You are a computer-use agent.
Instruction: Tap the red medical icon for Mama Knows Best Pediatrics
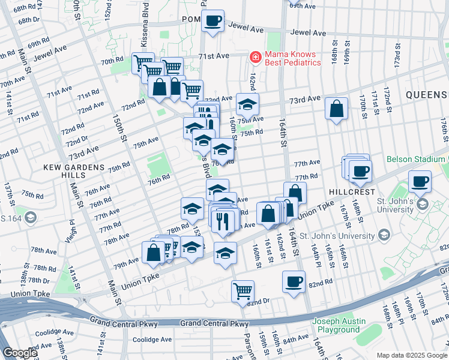coord(255,57)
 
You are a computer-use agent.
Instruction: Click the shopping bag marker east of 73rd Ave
coord(337,109)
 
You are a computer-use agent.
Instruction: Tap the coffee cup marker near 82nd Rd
coord(294,282)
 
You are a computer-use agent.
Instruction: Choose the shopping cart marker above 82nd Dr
coord(243,292)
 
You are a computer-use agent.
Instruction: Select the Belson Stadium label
coord(416,159)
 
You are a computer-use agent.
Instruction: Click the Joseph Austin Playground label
coord(339,325)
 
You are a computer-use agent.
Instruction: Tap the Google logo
coord(20,353)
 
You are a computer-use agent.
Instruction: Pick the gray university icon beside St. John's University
coord(423,205)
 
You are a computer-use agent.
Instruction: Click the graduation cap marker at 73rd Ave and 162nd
coord(247,105)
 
